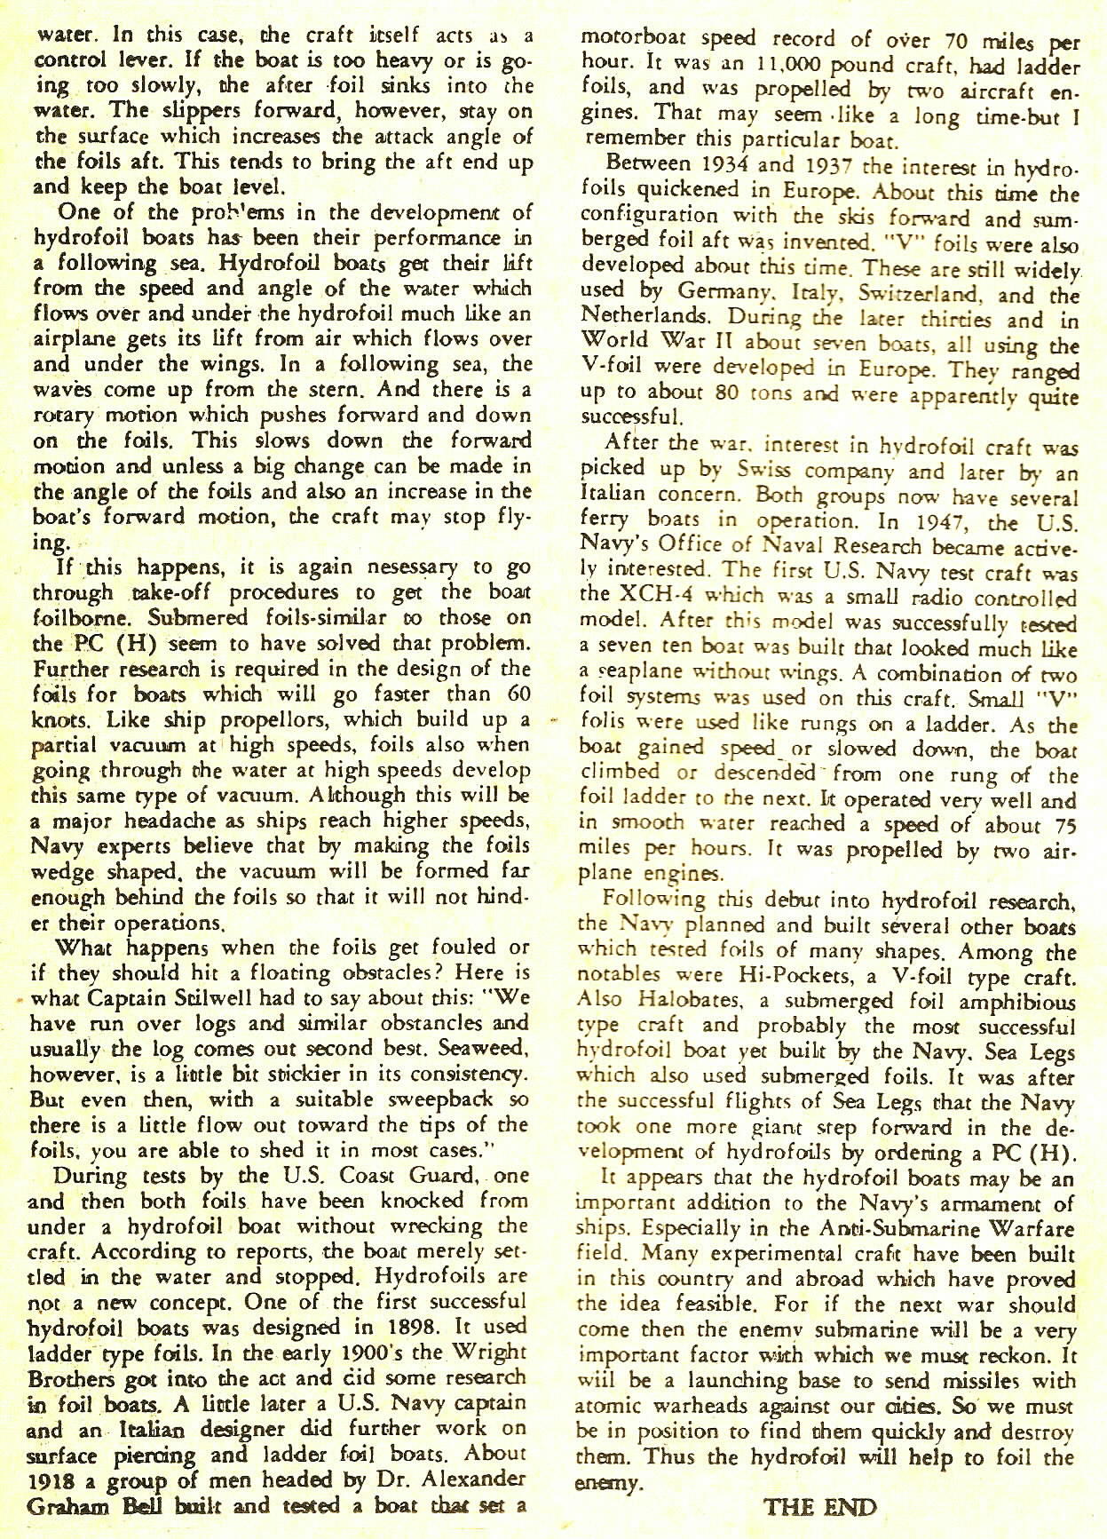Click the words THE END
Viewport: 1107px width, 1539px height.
pos(819,1507)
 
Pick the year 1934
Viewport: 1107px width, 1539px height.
pos(727,165)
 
